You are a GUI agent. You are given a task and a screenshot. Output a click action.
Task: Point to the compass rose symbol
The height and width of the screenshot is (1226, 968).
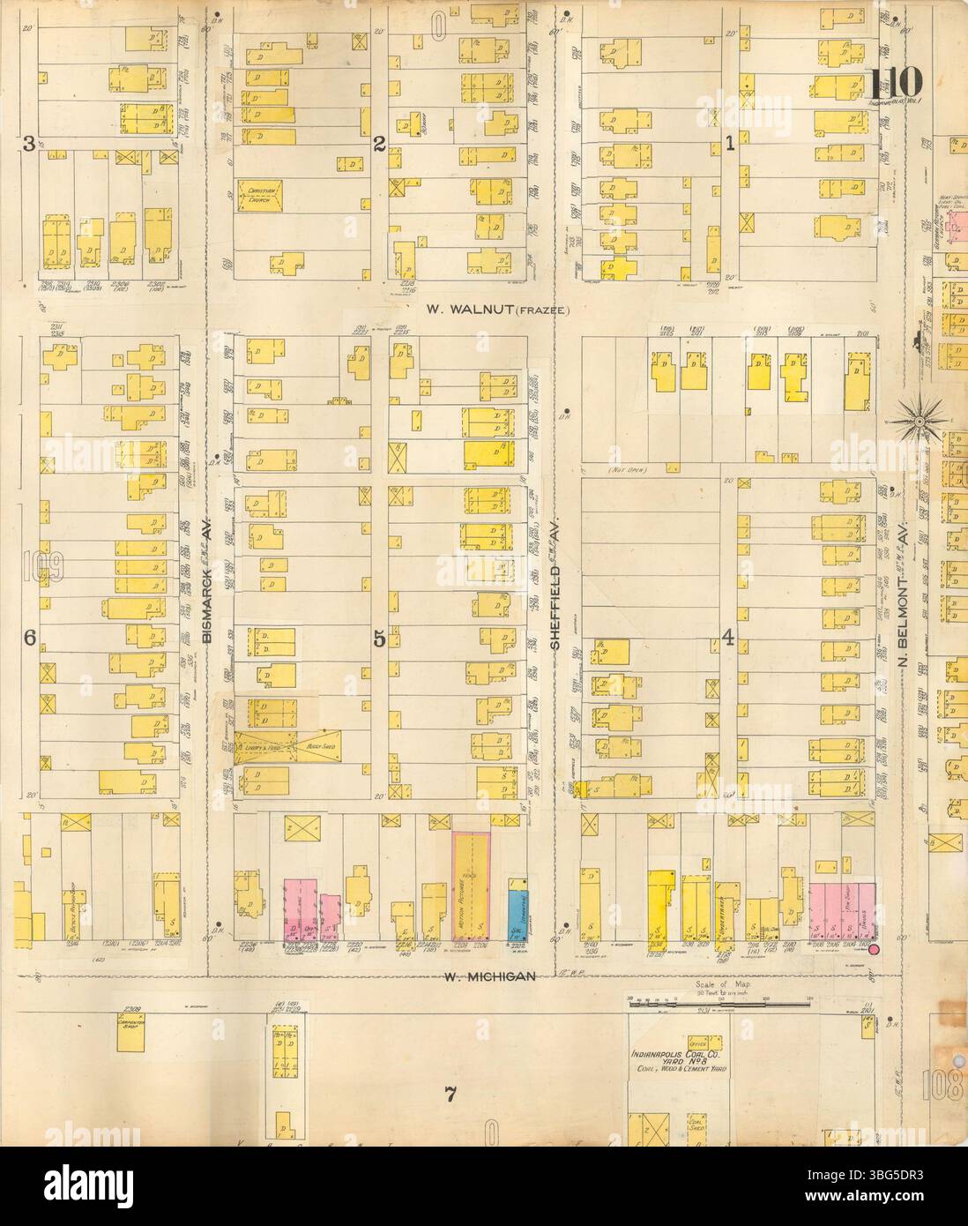[920, 421]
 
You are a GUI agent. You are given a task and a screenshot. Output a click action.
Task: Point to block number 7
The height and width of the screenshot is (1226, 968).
[450, 1096]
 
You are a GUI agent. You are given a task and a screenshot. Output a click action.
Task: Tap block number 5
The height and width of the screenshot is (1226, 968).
[379, 641]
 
